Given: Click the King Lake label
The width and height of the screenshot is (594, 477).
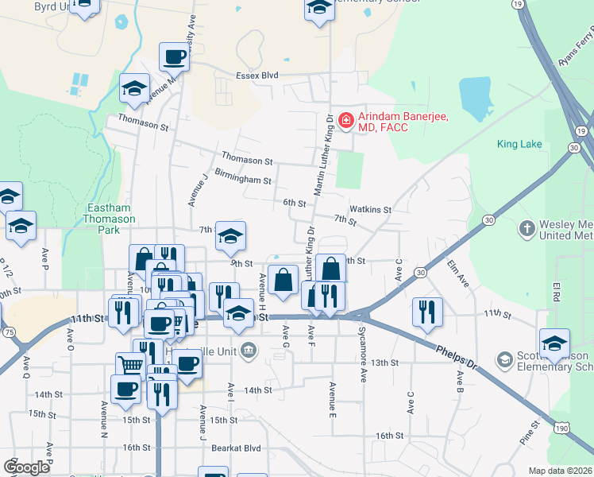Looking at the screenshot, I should (519, 144).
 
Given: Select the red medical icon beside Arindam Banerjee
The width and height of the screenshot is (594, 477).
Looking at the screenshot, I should (345, 121).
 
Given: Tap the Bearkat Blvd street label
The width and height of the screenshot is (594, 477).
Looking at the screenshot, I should (236, 448).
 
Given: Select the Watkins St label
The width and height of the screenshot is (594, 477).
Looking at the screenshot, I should (371, 210).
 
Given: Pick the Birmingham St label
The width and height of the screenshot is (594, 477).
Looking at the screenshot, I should (243, 180).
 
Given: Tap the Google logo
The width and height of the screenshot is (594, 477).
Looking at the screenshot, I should (26, 467).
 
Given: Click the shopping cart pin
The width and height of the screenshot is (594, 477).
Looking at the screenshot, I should (130, 365).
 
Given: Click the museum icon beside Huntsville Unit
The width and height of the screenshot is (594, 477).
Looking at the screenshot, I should (249, 348).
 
